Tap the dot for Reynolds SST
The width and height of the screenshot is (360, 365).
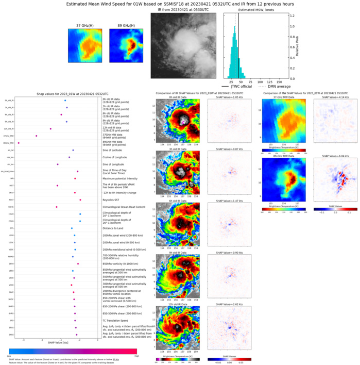pyautogui.click(x=80, y=200)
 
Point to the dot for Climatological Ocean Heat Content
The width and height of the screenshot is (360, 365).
pyautogui.click(x=56, y=207)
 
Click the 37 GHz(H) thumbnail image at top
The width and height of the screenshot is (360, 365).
pyautogui.click(x=85, y=45)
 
